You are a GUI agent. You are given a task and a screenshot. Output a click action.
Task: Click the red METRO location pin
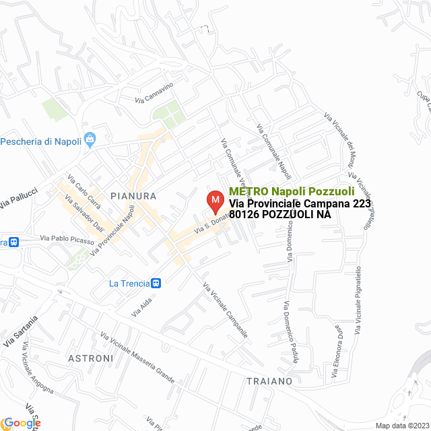(x=215, y=201)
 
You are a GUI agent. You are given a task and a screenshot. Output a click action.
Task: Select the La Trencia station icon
(x=156, y=284)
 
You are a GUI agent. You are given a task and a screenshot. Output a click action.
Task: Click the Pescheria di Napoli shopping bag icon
(x=92, y=141)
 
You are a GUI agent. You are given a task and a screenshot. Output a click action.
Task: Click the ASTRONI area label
(x=91, y=358)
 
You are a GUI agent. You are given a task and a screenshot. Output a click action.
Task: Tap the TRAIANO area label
(x=269, y=380)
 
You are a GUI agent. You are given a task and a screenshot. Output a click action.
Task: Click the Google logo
(x=22, y=423)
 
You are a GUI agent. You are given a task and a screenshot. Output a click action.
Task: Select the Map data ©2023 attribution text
(x=401, y=426)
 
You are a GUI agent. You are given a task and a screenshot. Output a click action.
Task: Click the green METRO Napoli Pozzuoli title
(x=292, y=191)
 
